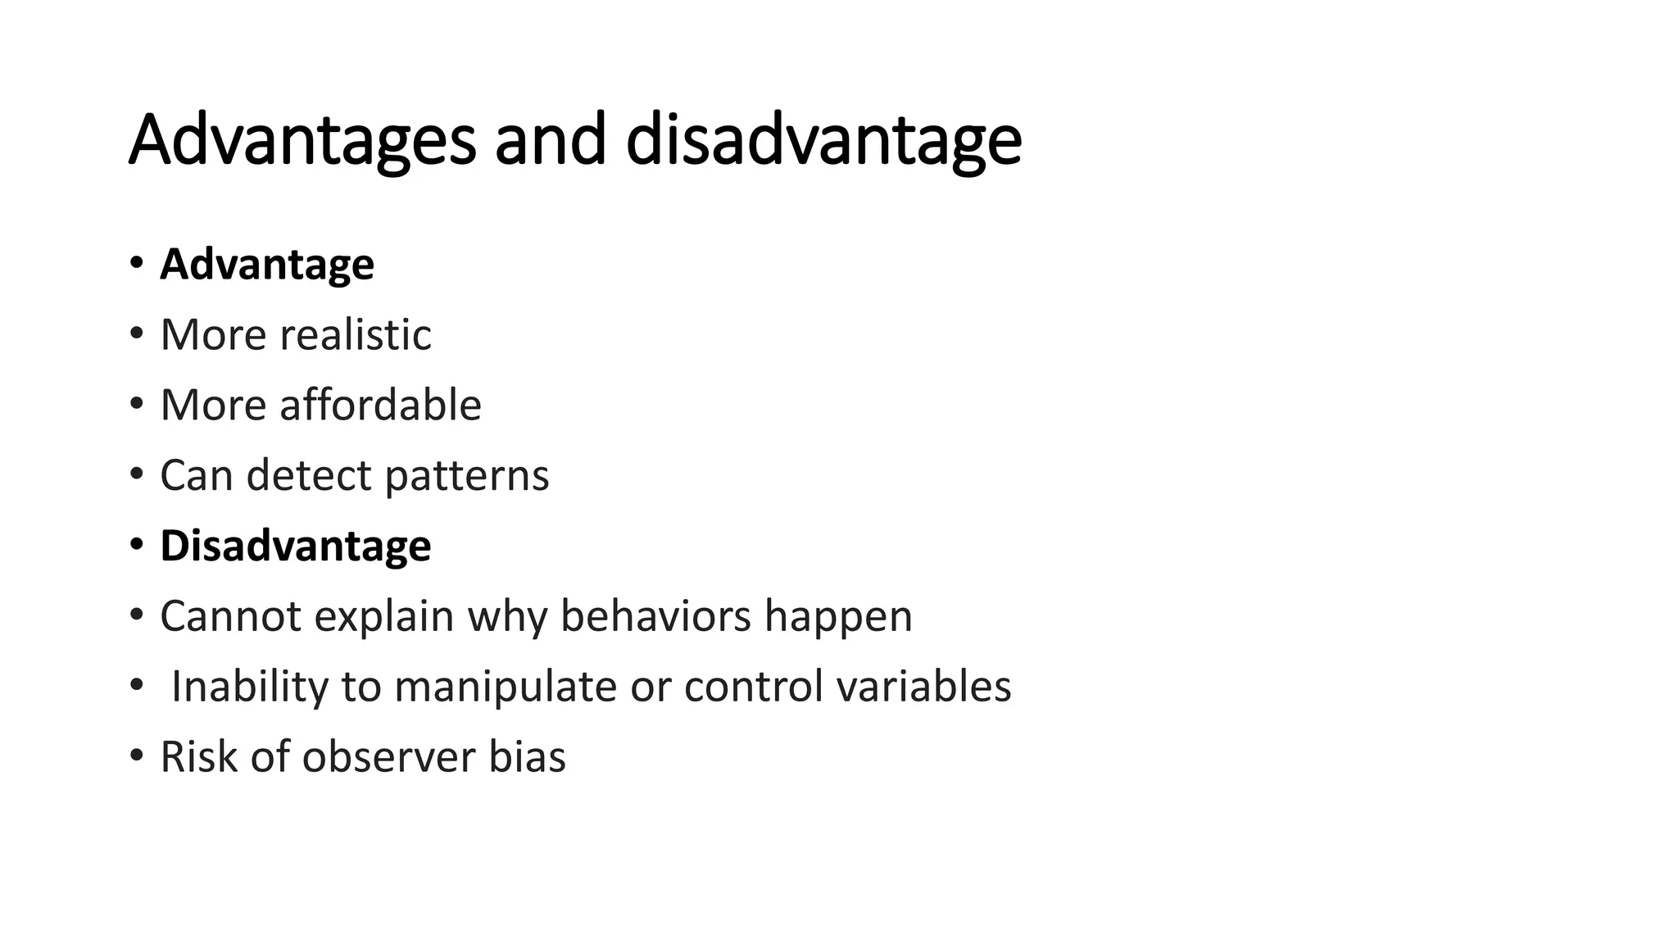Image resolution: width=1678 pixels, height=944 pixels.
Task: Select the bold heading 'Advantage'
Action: coord(267,265)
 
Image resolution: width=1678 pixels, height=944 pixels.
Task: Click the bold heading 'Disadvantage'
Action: coord(296,546)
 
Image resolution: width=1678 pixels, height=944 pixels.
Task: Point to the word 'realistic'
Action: coord(356,334)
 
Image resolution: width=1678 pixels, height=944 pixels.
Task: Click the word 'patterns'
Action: coord(466,476)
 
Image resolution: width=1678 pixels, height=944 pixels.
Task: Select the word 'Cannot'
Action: coord(230,616)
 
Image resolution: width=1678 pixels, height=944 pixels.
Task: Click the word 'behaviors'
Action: coord(655,616)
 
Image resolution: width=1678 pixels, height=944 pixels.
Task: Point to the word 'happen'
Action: coord(838,618)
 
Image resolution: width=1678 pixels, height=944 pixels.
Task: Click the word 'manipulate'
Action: coord(506,687)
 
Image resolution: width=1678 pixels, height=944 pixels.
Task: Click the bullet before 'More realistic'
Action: coord(136,334)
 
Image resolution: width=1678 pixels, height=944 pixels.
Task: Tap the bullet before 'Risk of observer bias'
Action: coord(136,756)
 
